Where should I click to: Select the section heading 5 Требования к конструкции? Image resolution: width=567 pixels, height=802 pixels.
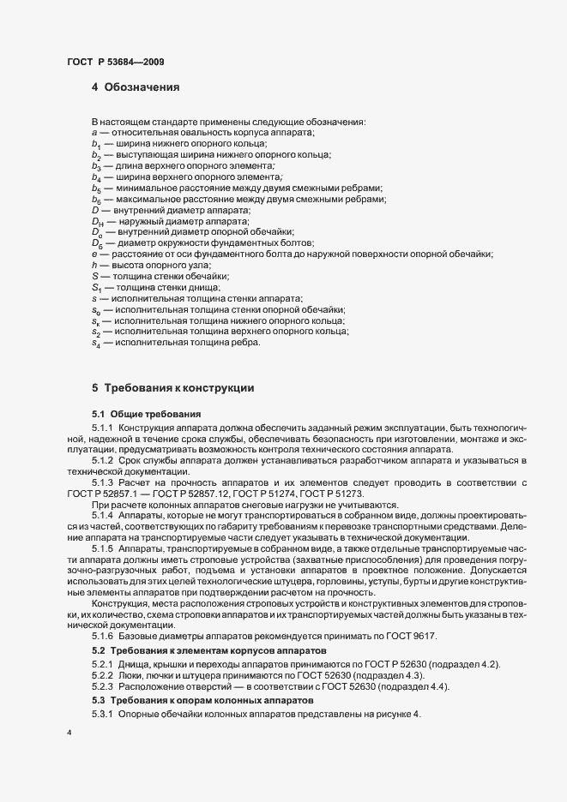172,387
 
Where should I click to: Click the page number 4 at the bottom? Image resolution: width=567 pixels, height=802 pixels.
69,734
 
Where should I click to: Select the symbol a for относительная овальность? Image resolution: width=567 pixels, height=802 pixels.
93,132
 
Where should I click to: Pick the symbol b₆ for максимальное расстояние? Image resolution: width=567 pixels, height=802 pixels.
96,199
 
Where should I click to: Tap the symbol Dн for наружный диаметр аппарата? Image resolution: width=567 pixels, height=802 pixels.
96,221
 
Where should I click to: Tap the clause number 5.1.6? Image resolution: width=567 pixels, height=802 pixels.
102,637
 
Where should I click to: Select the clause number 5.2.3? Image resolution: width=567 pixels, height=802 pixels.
102,688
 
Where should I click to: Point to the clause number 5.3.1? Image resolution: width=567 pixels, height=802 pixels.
102,715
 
